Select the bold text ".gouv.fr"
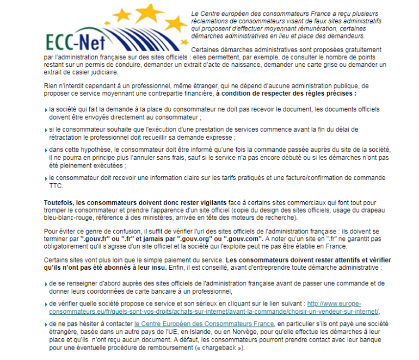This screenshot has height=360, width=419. tap(94, 238)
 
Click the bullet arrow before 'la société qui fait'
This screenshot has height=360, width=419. tap(45, 109)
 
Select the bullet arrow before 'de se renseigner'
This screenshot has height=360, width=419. tap(45, 284)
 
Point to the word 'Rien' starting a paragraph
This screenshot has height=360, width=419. tap(50, 86)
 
